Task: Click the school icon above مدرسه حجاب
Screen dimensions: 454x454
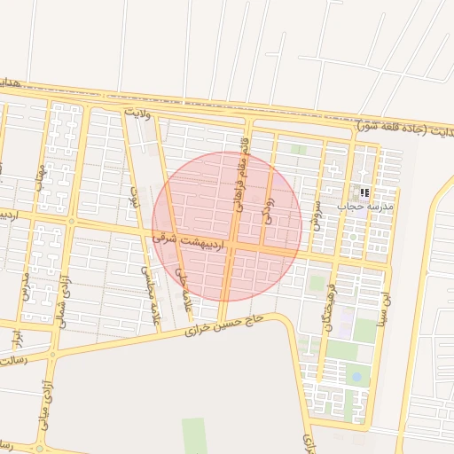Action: pyautogui.click(x=364, y=192)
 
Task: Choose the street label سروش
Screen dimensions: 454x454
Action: pyautogui.click(x=315, y=211)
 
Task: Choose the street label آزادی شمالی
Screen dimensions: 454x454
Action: pyautogui.click(x=63, y=301)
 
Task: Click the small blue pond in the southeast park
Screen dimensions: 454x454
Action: pyautogui.click(x=356, y=377)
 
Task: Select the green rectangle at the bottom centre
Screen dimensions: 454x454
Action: pyautogui.click(x=194, y=434)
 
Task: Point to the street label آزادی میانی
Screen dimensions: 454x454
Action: pyautogui.click(x=42, y=403)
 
